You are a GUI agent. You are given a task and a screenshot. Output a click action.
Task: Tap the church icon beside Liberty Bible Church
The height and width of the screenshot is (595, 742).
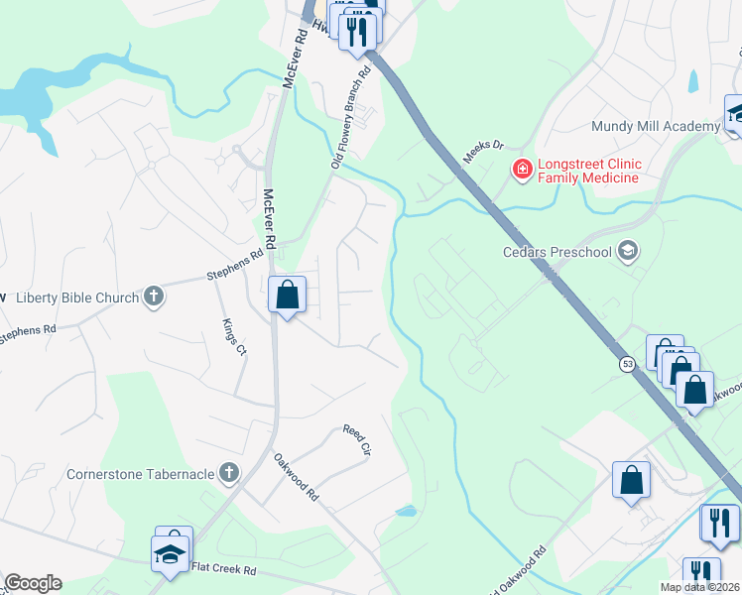click(x=153, y=296)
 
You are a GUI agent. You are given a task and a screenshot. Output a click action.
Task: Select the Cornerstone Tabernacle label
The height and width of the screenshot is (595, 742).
click(x=140, y=473)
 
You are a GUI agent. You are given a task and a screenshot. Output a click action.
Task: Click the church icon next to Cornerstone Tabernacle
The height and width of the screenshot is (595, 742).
click(x=229, y=472)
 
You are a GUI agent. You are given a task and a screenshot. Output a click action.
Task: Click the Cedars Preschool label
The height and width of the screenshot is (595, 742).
click(x=556, y=251)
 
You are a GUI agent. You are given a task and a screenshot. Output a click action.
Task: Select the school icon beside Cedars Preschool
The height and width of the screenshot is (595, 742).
click(x=627, y=250)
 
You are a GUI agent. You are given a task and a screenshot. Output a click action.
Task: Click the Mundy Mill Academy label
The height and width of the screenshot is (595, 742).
click(x=655, y=126)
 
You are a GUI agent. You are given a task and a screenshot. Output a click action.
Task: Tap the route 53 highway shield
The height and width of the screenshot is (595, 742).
click(x=628, y=364)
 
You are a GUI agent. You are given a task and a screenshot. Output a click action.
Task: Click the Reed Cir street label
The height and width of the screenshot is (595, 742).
click(x=356, y=439)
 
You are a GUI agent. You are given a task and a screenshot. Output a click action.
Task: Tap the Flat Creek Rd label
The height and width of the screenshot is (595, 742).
click(x=223, y=569)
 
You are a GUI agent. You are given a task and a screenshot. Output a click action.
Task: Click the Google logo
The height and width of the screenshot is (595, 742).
click(x=32, y=583)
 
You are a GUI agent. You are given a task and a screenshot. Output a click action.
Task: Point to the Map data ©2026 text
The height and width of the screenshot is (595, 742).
click(x=699, y=587)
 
